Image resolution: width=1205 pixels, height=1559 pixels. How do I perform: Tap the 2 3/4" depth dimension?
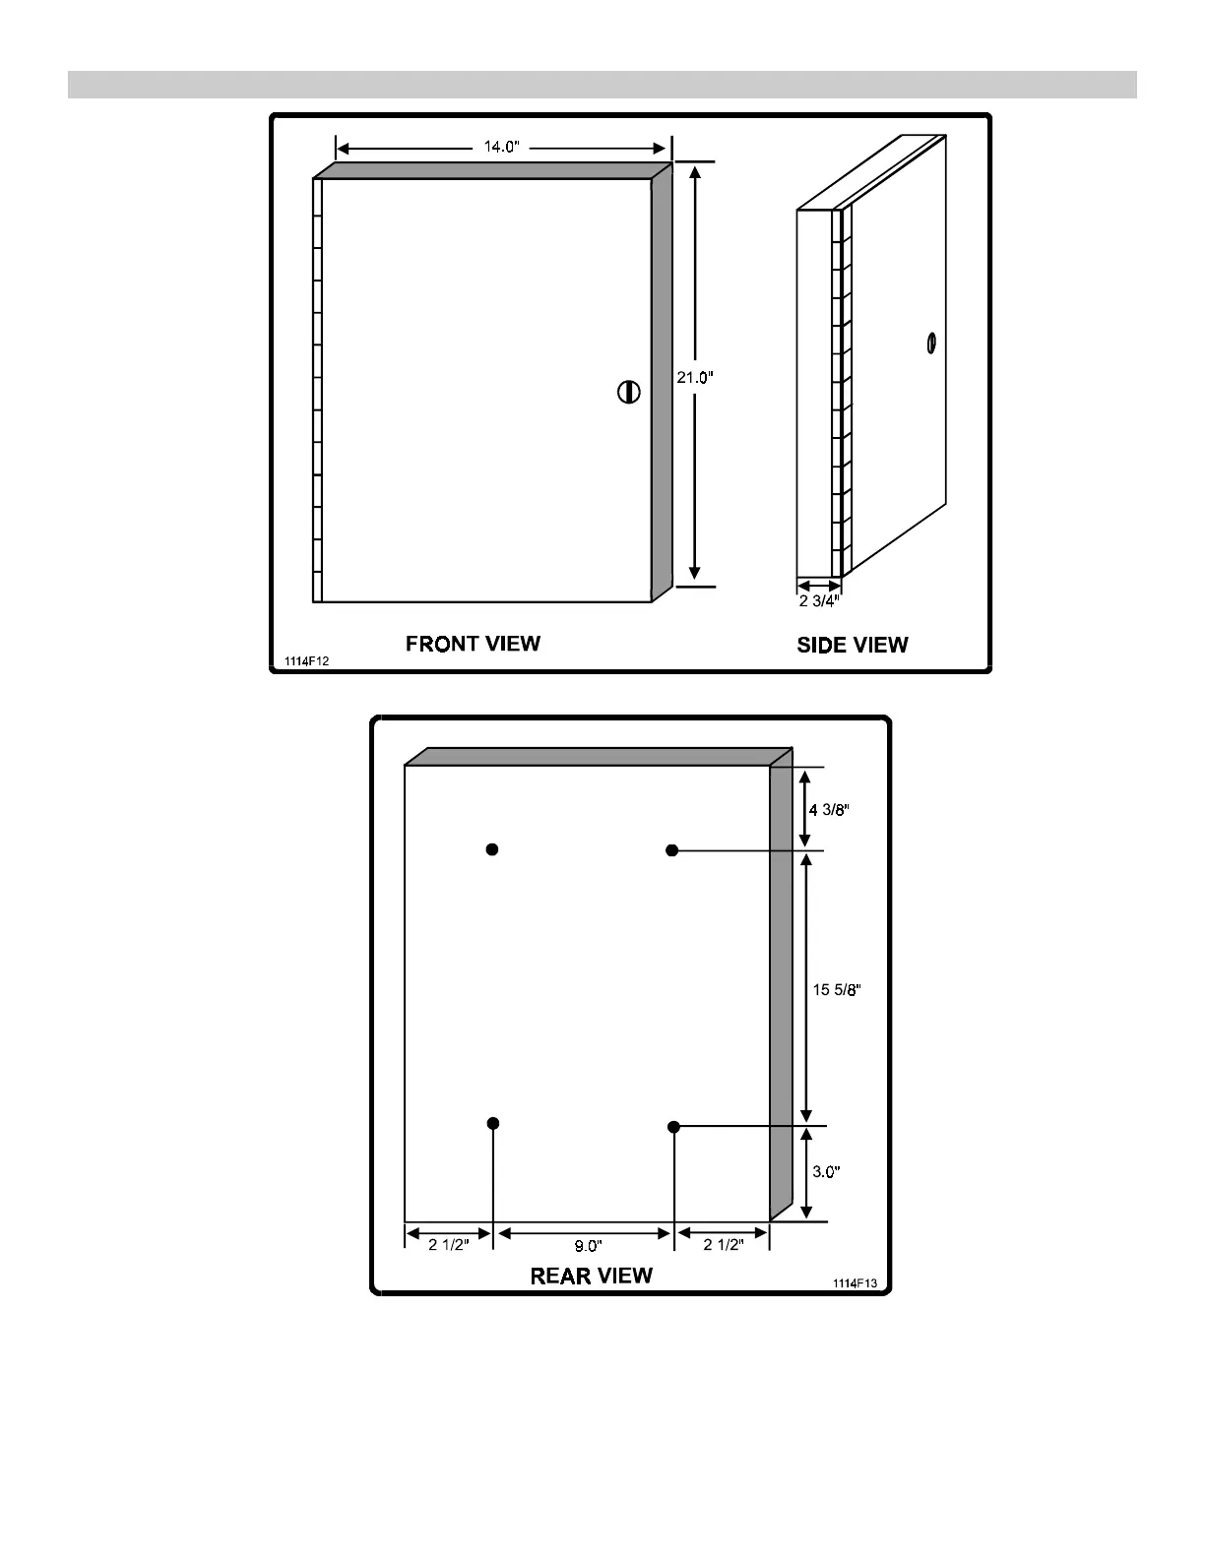pos(819,601)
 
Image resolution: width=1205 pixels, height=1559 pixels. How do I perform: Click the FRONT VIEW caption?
pos(473,644)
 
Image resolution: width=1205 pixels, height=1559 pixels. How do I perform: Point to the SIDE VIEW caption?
pos(852,645)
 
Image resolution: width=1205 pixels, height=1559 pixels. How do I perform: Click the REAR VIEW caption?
pos(591,1276)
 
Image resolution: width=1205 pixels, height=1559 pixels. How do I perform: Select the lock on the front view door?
pos(628,391)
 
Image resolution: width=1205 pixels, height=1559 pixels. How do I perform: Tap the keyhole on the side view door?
pos(929,344)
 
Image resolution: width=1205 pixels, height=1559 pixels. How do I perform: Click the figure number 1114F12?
pos(306,662)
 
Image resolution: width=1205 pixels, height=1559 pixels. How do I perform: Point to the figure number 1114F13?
pos(854,1283)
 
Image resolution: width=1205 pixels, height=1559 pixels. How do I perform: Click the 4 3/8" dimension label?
pos(828,810)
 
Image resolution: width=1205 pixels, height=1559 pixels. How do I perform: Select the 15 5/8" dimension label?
pos(837,990)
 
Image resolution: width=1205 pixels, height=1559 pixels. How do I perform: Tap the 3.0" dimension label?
pos(826,1172)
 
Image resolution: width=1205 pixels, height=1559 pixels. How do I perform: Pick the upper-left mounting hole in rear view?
pos(492,849)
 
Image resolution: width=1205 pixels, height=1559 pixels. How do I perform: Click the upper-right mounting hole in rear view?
pos(672,850)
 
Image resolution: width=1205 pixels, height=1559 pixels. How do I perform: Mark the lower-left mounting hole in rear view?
pos(493,1123)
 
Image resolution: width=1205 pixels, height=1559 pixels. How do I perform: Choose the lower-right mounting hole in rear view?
pos(673,1126)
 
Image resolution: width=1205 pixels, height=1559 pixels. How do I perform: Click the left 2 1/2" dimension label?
pos(449,1244)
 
